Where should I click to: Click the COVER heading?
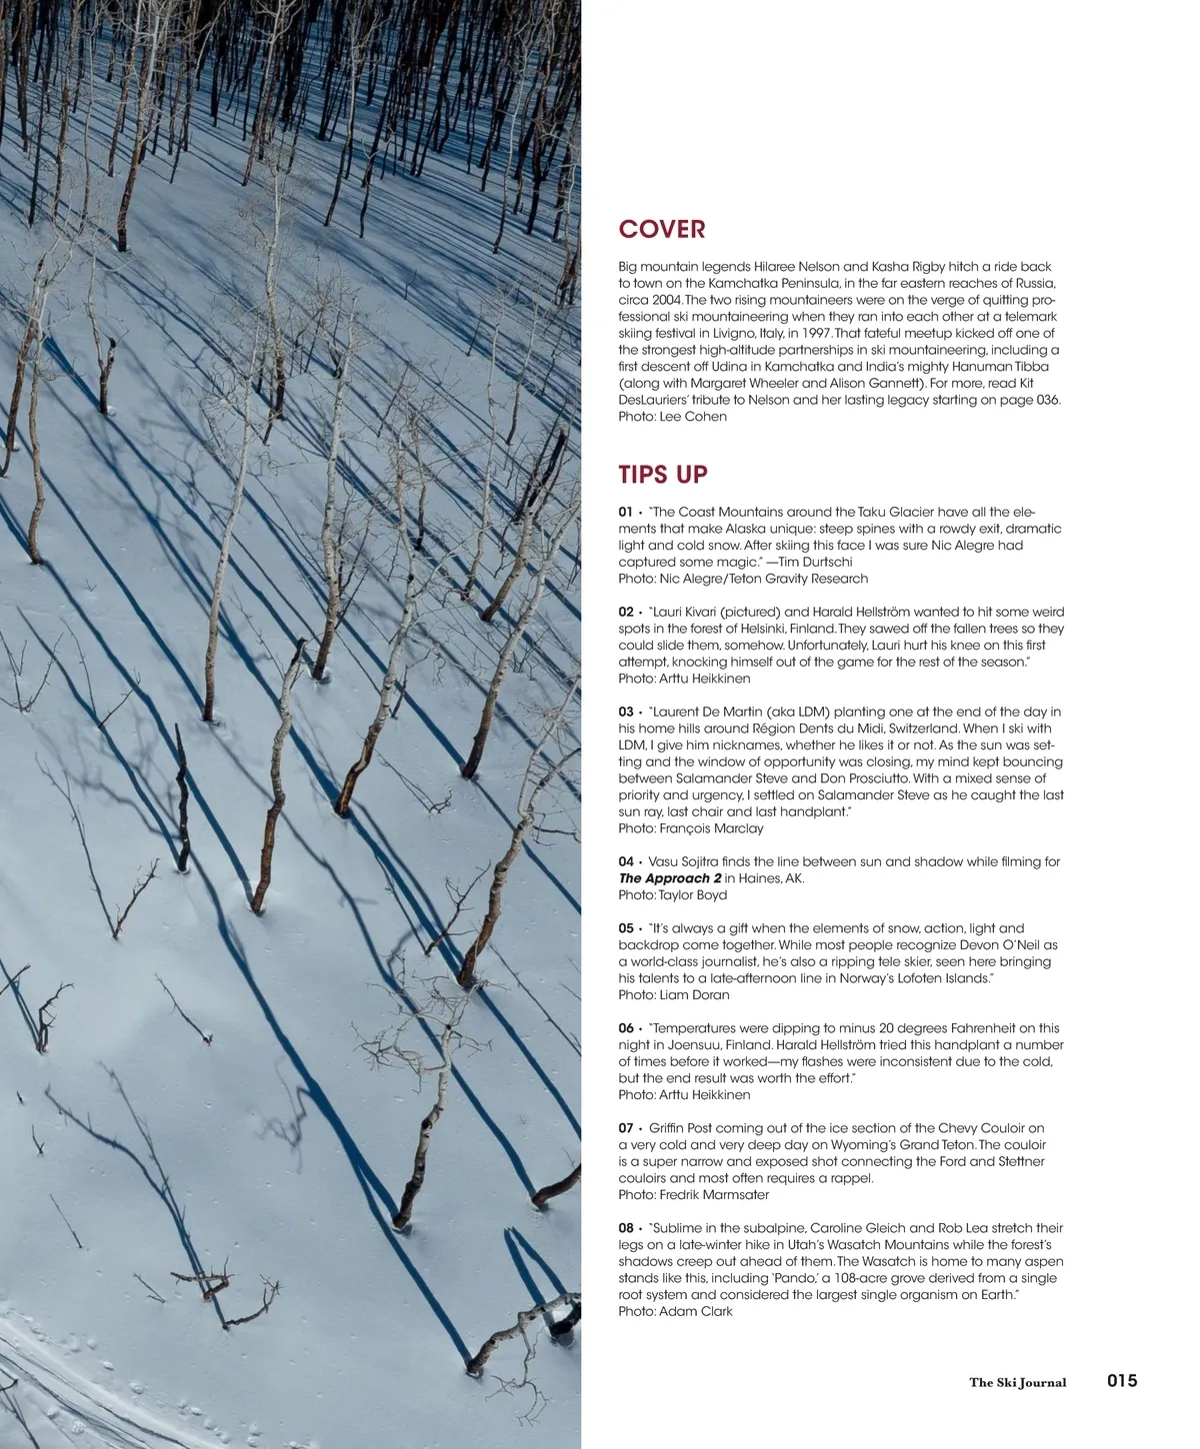tap(662, 229)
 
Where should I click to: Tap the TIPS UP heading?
tap(663, 474)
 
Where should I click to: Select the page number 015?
tap(1122, 1381)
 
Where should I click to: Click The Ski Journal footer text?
tap(1017, 1383)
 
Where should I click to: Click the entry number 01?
tap(626, 512)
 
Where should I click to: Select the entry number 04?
tap(626, 861)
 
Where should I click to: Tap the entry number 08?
tap(626, 1228)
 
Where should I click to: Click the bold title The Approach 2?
tap(669, 878)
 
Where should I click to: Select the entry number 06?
tap(626, 1028)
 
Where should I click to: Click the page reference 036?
tap(1046, 401)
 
